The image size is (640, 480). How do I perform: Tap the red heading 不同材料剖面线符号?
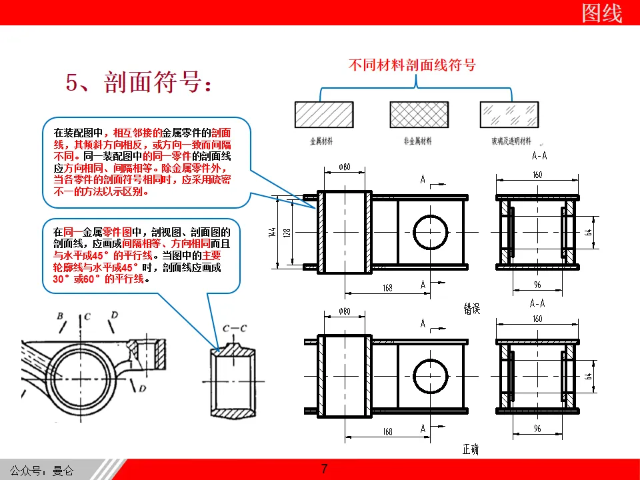click(x=412, y=65)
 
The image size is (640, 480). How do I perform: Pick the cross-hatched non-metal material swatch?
click(x=417, y=113)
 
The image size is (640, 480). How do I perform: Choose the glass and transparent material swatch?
click(x=508, y=113)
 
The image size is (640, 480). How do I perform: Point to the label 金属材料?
click(x=321, y=141)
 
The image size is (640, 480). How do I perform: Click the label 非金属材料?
click(x=417, y=141)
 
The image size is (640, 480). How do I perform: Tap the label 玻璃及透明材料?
click(x=511, y=141)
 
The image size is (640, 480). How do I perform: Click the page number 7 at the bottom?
click(x=325, y=468)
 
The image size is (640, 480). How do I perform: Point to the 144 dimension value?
click(x=273, y=233)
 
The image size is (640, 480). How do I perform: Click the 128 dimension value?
click(x=288, y=233)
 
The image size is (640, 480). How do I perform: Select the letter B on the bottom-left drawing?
click(x=60, y=315)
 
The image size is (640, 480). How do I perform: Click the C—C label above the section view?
click(x=235, y=328)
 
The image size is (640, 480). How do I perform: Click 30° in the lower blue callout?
click(x=62, y=279)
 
